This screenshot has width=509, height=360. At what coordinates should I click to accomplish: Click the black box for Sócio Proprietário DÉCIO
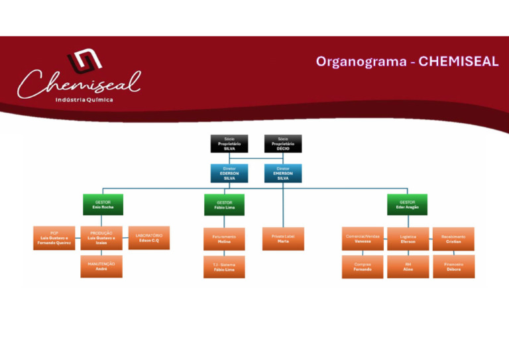283,143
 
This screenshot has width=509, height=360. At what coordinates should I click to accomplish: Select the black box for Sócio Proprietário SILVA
229,143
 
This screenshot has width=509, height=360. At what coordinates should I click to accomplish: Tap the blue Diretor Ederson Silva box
229,173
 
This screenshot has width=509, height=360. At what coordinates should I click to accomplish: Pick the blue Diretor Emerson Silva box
283,173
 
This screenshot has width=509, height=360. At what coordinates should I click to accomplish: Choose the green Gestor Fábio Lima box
224,205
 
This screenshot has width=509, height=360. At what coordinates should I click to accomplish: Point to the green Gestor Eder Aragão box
408,204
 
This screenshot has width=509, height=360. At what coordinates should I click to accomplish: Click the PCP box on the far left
54,238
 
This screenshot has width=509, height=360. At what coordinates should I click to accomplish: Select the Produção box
101,238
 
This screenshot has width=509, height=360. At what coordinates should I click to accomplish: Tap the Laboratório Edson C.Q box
149,238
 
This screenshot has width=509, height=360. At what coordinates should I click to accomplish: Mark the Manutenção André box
101,266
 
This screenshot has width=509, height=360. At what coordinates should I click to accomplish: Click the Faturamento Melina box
224,239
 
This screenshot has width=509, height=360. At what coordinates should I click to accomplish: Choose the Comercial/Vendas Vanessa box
363,239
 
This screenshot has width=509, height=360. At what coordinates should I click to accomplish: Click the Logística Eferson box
408,239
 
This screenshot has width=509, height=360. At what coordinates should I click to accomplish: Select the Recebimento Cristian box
453,239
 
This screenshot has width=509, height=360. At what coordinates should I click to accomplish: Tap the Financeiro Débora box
453,267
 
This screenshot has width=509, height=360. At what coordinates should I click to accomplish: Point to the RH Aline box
408,267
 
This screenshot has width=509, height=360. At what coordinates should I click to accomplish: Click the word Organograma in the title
362,62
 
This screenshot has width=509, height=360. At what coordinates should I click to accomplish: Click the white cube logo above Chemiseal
84,62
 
